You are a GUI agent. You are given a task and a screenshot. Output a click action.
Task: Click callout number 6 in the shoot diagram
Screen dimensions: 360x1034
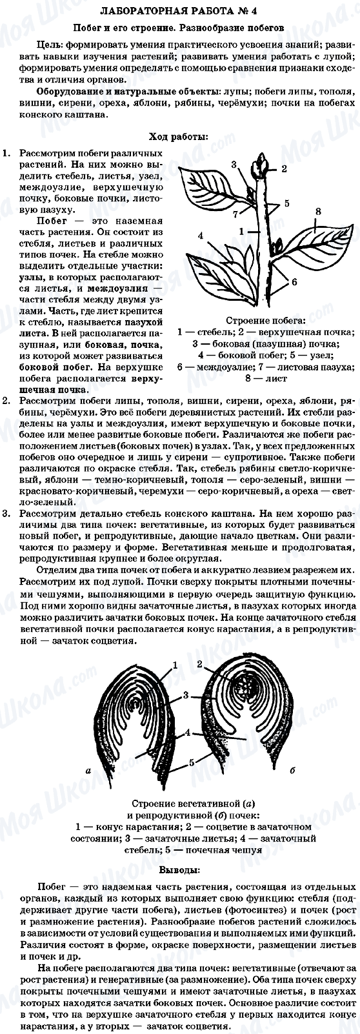point(294,282)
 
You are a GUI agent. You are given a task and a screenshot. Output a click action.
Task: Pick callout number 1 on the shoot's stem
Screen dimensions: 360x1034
point(241,230)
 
